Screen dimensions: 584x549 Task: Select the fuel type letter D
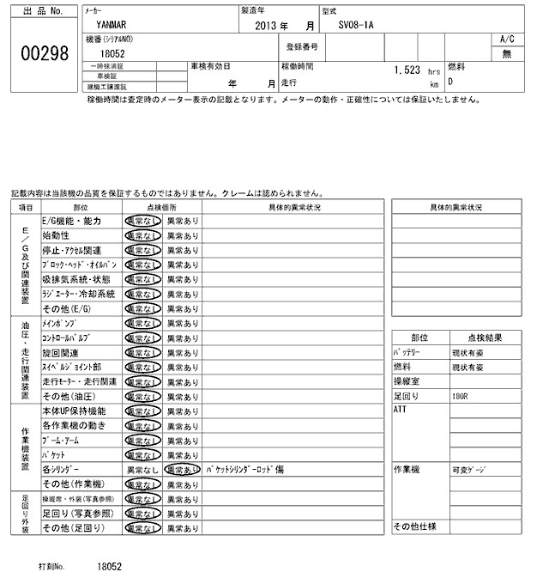(x=450, y=83)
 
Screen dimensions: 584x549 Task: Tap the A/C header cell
(x=506, y=40)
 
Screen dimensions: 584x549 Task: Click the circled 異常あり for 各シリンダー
(x=182, y=471)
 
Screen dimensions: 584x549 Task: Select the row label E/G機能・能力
(x=72, y=221)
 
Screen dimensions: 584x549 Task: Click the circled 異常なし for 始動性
(x=142, y=235)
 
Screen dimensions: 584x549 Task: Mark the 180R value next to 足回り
(x=461, y=396)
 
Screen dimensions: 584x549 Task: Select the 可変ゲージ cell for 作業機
(x=468, y=470)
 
